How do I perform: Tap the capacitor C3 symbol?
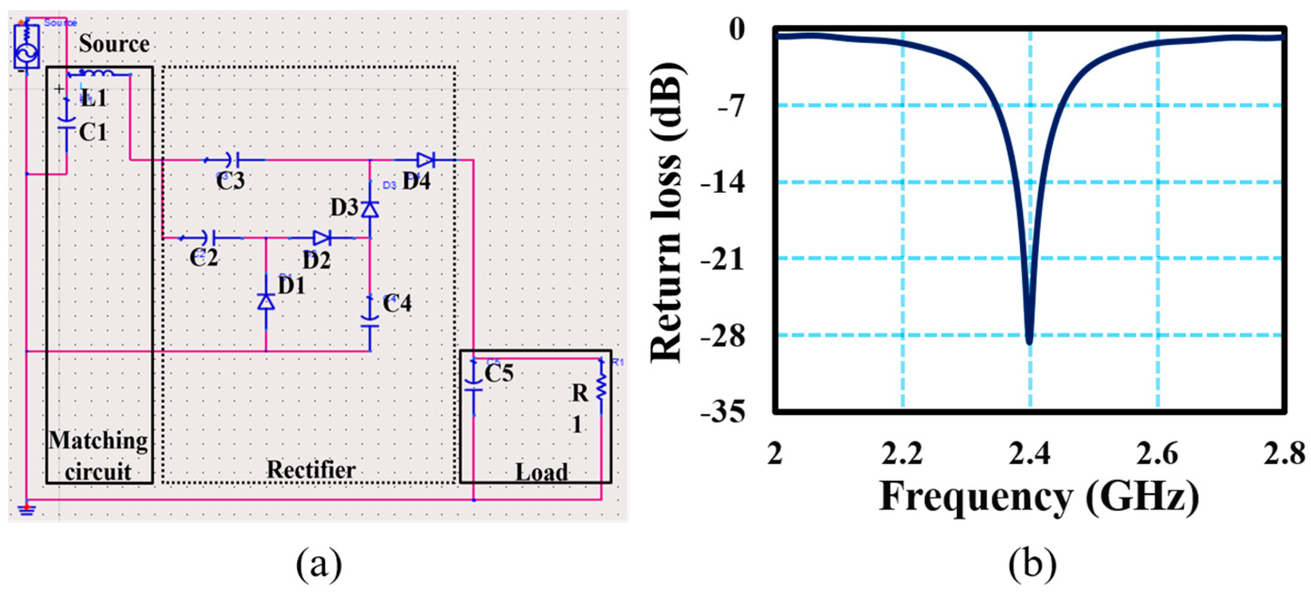235,160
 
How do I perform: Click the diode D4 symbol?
425,160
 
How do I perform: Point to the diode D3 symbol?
370,209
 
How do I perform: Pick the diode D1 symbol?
266,301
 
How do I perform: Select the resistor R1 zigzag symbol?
601,388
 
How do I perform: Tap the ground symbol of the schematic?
26,509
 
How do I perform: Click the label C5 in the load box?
498,373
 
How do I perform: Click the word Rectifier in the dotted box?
311,469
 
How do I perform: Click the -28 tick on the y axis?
723,336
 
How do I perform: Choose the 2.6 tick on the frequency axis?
1157,453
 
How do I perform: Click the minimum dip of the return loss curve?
1029,342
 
